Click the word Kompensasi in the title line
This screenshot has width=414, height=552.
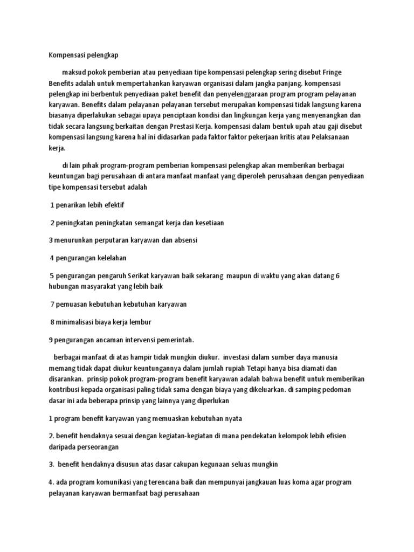pos(65,54)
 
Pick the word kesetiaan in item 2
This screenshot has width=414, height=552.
pos(207,222)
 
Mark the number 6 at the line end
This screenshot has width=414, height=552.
pos(337,275)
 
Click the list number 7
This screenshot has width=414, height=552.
pos(52,304)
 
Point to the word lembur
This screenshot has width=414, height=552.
pos(140,322)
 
